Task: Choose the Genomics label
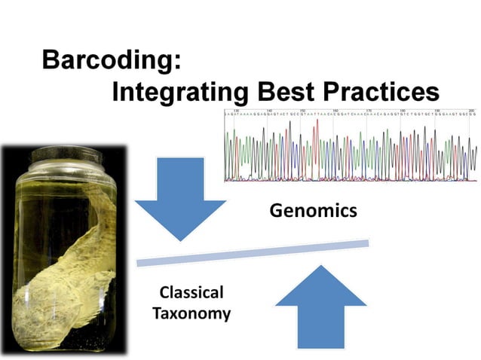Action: (x=313, y=211)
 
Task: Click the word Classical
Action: (x=191, y=292)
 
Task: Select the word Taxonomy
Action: (x=191, y=313)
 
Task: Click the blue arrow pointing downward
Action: (x=180, y=197)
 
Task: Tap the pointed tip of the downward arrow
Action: (x=180, y=239)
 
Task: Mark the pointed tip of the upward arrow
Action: (x=320, y=267)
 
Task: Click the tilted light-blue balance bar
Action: (x=252, y=252)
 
